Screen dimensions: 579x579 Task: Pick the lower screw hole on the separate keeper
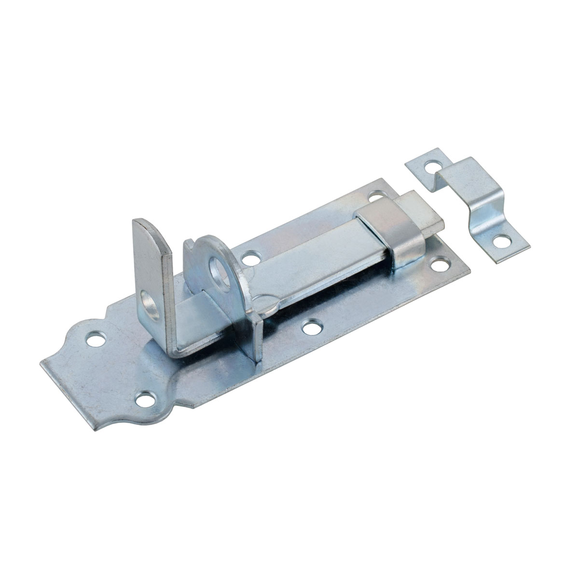coord(502,240)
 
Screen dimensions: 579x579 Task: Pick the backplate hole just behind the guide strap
coord(376,198)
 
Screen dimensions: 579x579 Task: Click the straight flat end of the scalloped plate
coord(68,386)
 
